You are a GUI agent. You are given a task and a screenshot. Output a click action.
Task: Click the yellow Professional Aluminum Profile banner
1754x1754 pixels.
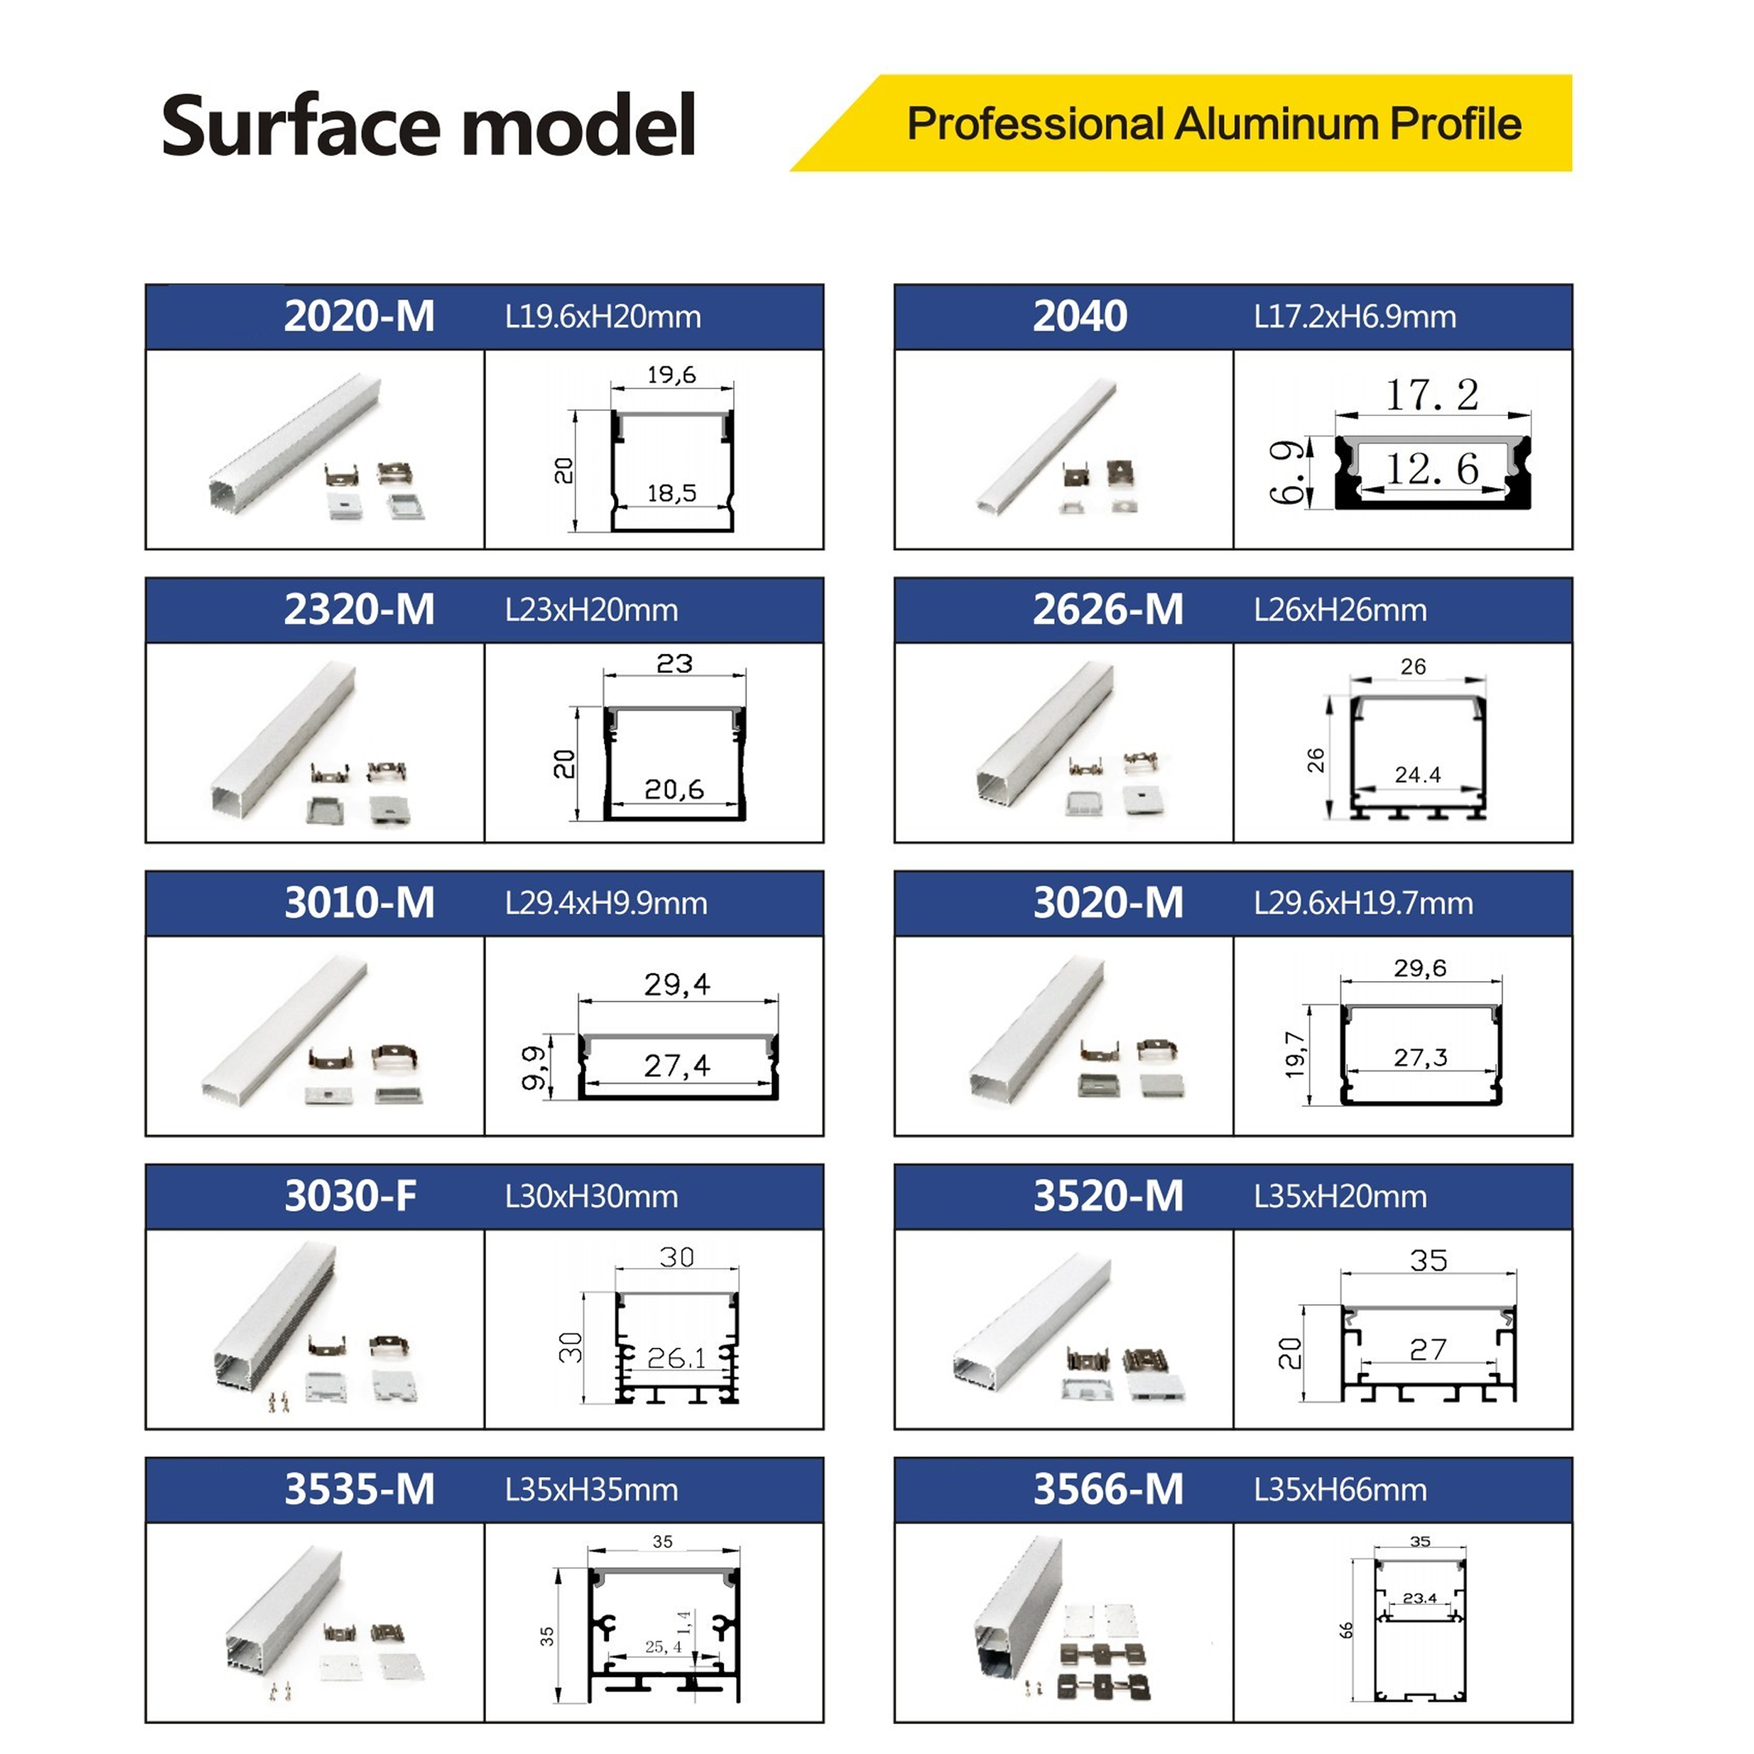tap(1180, 122)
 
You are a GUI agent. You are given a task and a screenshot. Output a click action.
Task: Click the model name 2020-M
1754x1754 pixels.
tap(359, 316)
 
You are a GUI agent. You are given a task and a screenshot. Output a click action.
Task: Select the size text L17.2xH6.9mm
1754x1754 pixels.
tap(1354, 317)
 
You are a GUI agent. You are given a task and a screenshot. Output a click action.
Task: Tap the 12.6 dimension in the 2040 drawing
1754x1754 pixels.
tap(1432, 468)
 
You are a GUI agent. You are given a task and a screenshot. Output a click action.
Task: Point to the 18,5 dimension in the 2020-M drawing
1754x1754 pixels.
tap(672, 493)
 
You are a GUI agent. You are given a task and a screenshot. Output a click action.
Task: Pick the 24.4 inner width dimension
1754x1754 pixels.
tap(1417, 775)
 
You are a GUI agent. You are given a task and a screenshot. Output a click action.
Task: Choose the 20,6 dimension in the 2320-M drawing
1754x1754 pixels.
tap(674, 789)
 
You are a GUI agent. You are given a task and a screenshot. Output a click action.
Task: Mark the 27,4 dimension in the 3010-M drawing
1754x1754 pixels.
tap(677, 1065)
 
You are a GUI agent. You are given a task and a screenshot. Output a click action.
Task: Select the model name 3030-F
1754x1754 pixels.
tap(350, 1196)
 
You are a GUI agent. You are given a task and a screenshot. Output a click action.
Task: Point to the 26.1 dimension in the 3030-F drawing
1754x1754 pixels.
tap(676, 1358)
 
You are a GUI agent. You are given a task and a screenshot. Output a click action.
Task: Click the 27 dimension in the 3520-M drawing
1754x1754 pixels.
tap(1428, 1350)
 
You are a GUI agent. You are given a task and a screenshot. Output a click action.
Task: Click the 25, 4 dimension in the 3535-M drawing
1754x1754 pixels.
tap(663, 1647)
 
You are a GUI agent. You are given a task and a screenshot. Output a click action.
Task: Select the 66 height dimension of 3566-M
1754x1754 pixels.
tap(1346, 1630)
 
